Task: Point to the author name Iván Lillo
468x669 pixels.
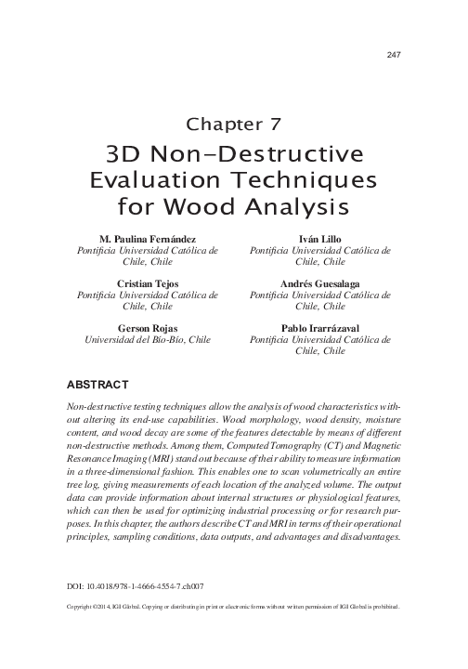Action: point(319,239)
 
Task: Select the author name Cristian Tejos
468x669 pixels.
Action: point(149,282)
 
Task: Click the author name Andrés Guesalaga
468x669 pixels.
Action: point(319,282)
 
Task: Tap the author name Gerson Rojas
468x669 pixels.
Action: point(149,327)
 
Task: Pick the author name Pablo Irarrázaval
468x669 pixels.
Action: point(319,327)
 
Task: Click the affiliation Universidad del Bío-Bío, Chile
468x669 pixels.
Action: point(149,340)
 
